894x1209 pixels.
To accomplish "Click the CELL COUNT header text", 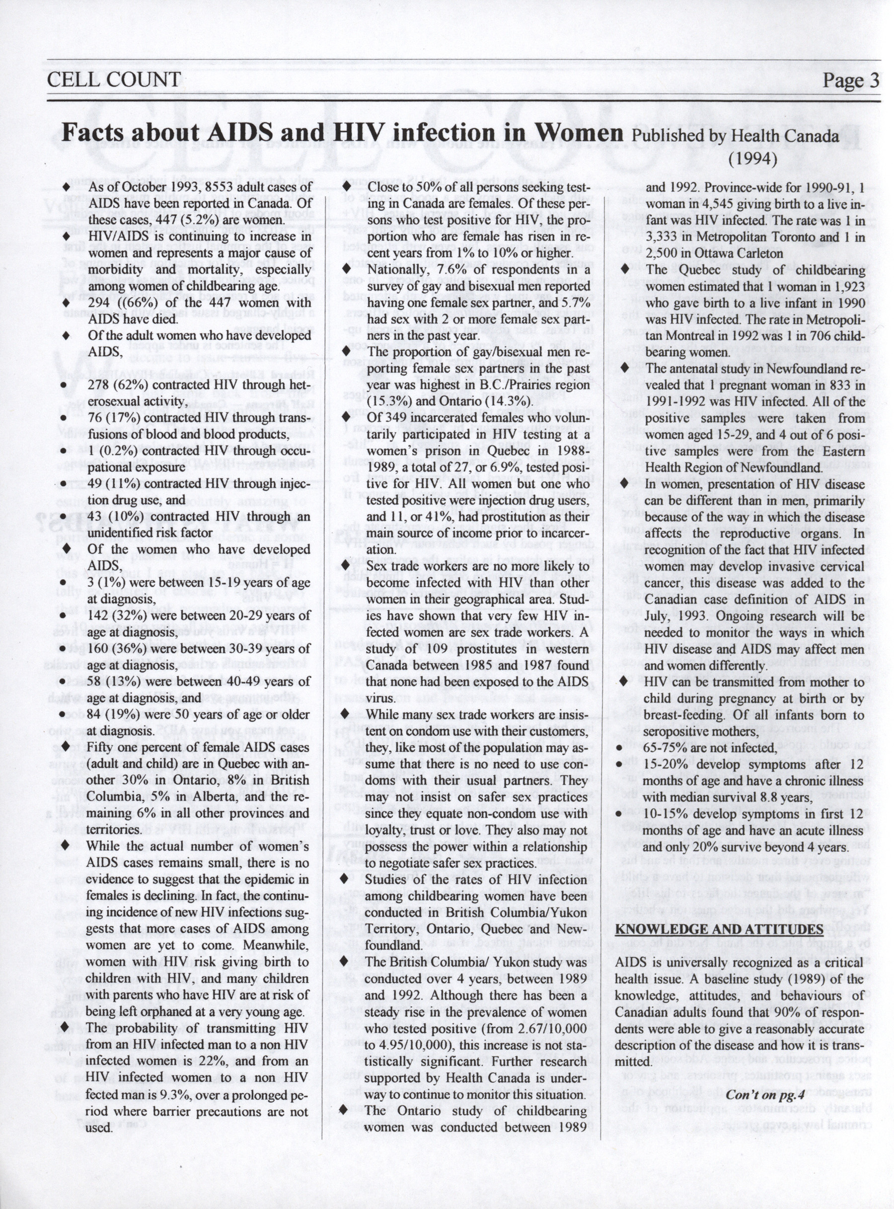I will (114, 80).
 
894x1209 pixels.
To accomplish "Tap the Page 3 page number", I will (850, 80).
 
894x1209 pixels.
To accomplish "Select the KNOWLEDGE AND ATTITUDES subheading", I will (719, 930).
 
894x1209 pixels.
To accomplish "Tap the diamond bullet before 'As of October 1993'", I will (66, 187).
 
